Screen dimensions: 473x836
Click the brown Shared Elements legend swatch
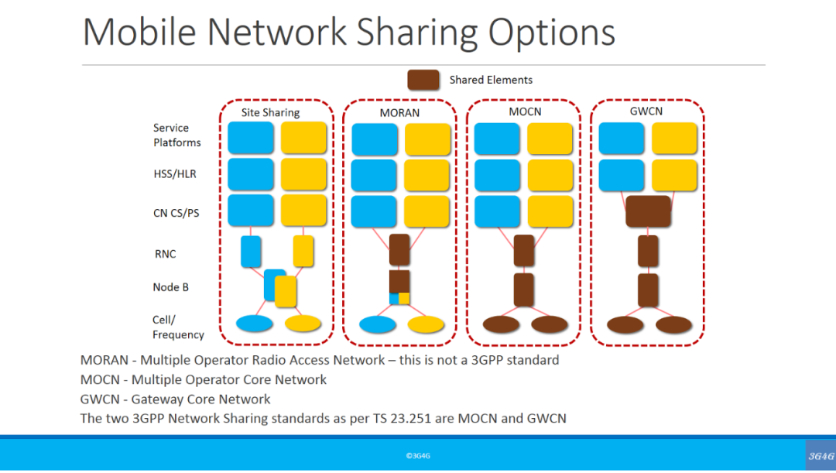click(423, 80)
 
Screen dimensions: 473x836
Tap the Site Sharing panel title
click(270, 112)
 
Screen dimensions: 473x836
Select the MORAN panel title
click(399, 113)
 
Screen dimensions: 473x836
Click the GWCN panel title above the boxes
click(646, 111)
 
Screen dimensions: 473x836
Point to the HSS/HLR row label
click(175, 174)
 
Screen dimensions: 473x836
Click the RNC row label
click(166, 254)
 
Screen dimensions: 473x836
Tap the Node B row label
click(171, 287)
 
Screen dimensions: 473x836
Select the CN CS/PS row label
click(176, 213)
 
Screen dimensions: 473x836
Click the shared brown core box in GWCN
click(648, 211)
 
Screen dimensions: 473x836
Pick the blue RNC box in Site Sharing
click(251, 252)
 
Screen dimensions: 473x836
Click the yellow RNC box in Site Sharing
click(303, 251)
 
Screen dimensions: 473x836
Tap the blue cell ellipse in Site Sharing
click(254, 323)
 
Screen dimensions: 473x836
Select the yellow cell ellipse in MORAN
click(426, 324)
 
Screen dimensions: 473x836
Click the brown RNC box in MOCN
click(524, 250)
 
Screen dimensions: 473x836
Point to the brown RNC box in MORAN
click(399, 249)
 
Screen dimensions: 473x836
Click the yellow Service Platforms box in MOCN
click(550, 139)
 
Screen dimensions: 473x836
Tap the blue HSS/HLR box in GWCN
click(622, 175)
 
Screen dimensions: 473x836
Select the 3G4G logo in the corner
click(821, 456)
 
